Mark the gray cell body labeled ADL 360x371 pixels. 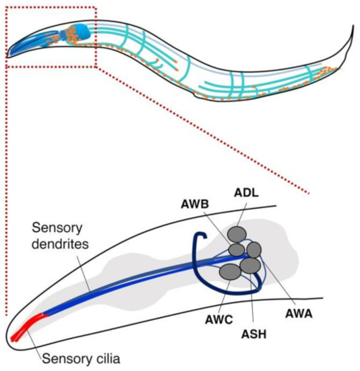(237, 234)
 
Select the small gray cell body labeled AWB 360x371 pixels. (236, 250)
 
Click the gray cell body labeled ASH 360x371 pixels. (250, 266)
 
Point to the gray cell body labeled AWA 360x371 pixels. (253, 250)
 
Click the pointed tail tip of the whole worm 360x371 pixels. (352, 28)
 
